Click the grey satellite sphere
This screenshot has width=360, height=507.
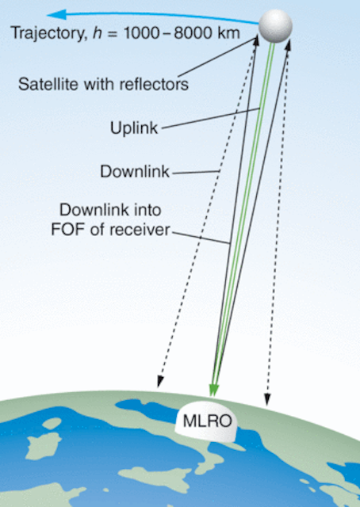click(x=275, y=26)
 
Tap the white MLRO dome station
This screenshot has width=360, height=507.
click(x=206, y=422)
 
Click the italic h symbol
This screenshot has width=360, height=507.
click(x=97, y=33)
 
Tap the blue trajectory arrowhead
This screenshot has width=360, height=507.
click(x=57, y=14)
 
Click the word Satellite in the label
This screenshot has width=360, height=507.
click(x=48, y=84)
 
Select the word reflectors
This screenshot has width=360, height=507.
click(x=154, y=84)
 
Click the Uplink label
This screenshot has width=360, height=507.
click(x=134, y=128)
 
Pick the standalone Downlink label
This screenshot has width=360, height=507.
click(x=135, y=171)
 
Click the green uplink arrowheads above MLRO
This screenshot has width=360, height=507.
click(x=213, y=391)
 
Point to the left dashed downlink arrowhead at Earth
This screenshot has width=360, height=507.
click(x=159, y=382)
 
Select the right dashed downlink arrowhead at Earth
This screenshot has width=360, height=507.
click(x=267, y=399)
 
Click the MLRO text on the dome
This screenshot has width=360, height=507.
click(x=207, y=421)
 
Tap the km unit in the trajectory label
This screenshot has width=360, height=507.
click(x=228, y=33)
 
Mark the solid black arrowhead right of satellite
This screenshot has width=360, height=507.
click(x=288, y=44)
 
